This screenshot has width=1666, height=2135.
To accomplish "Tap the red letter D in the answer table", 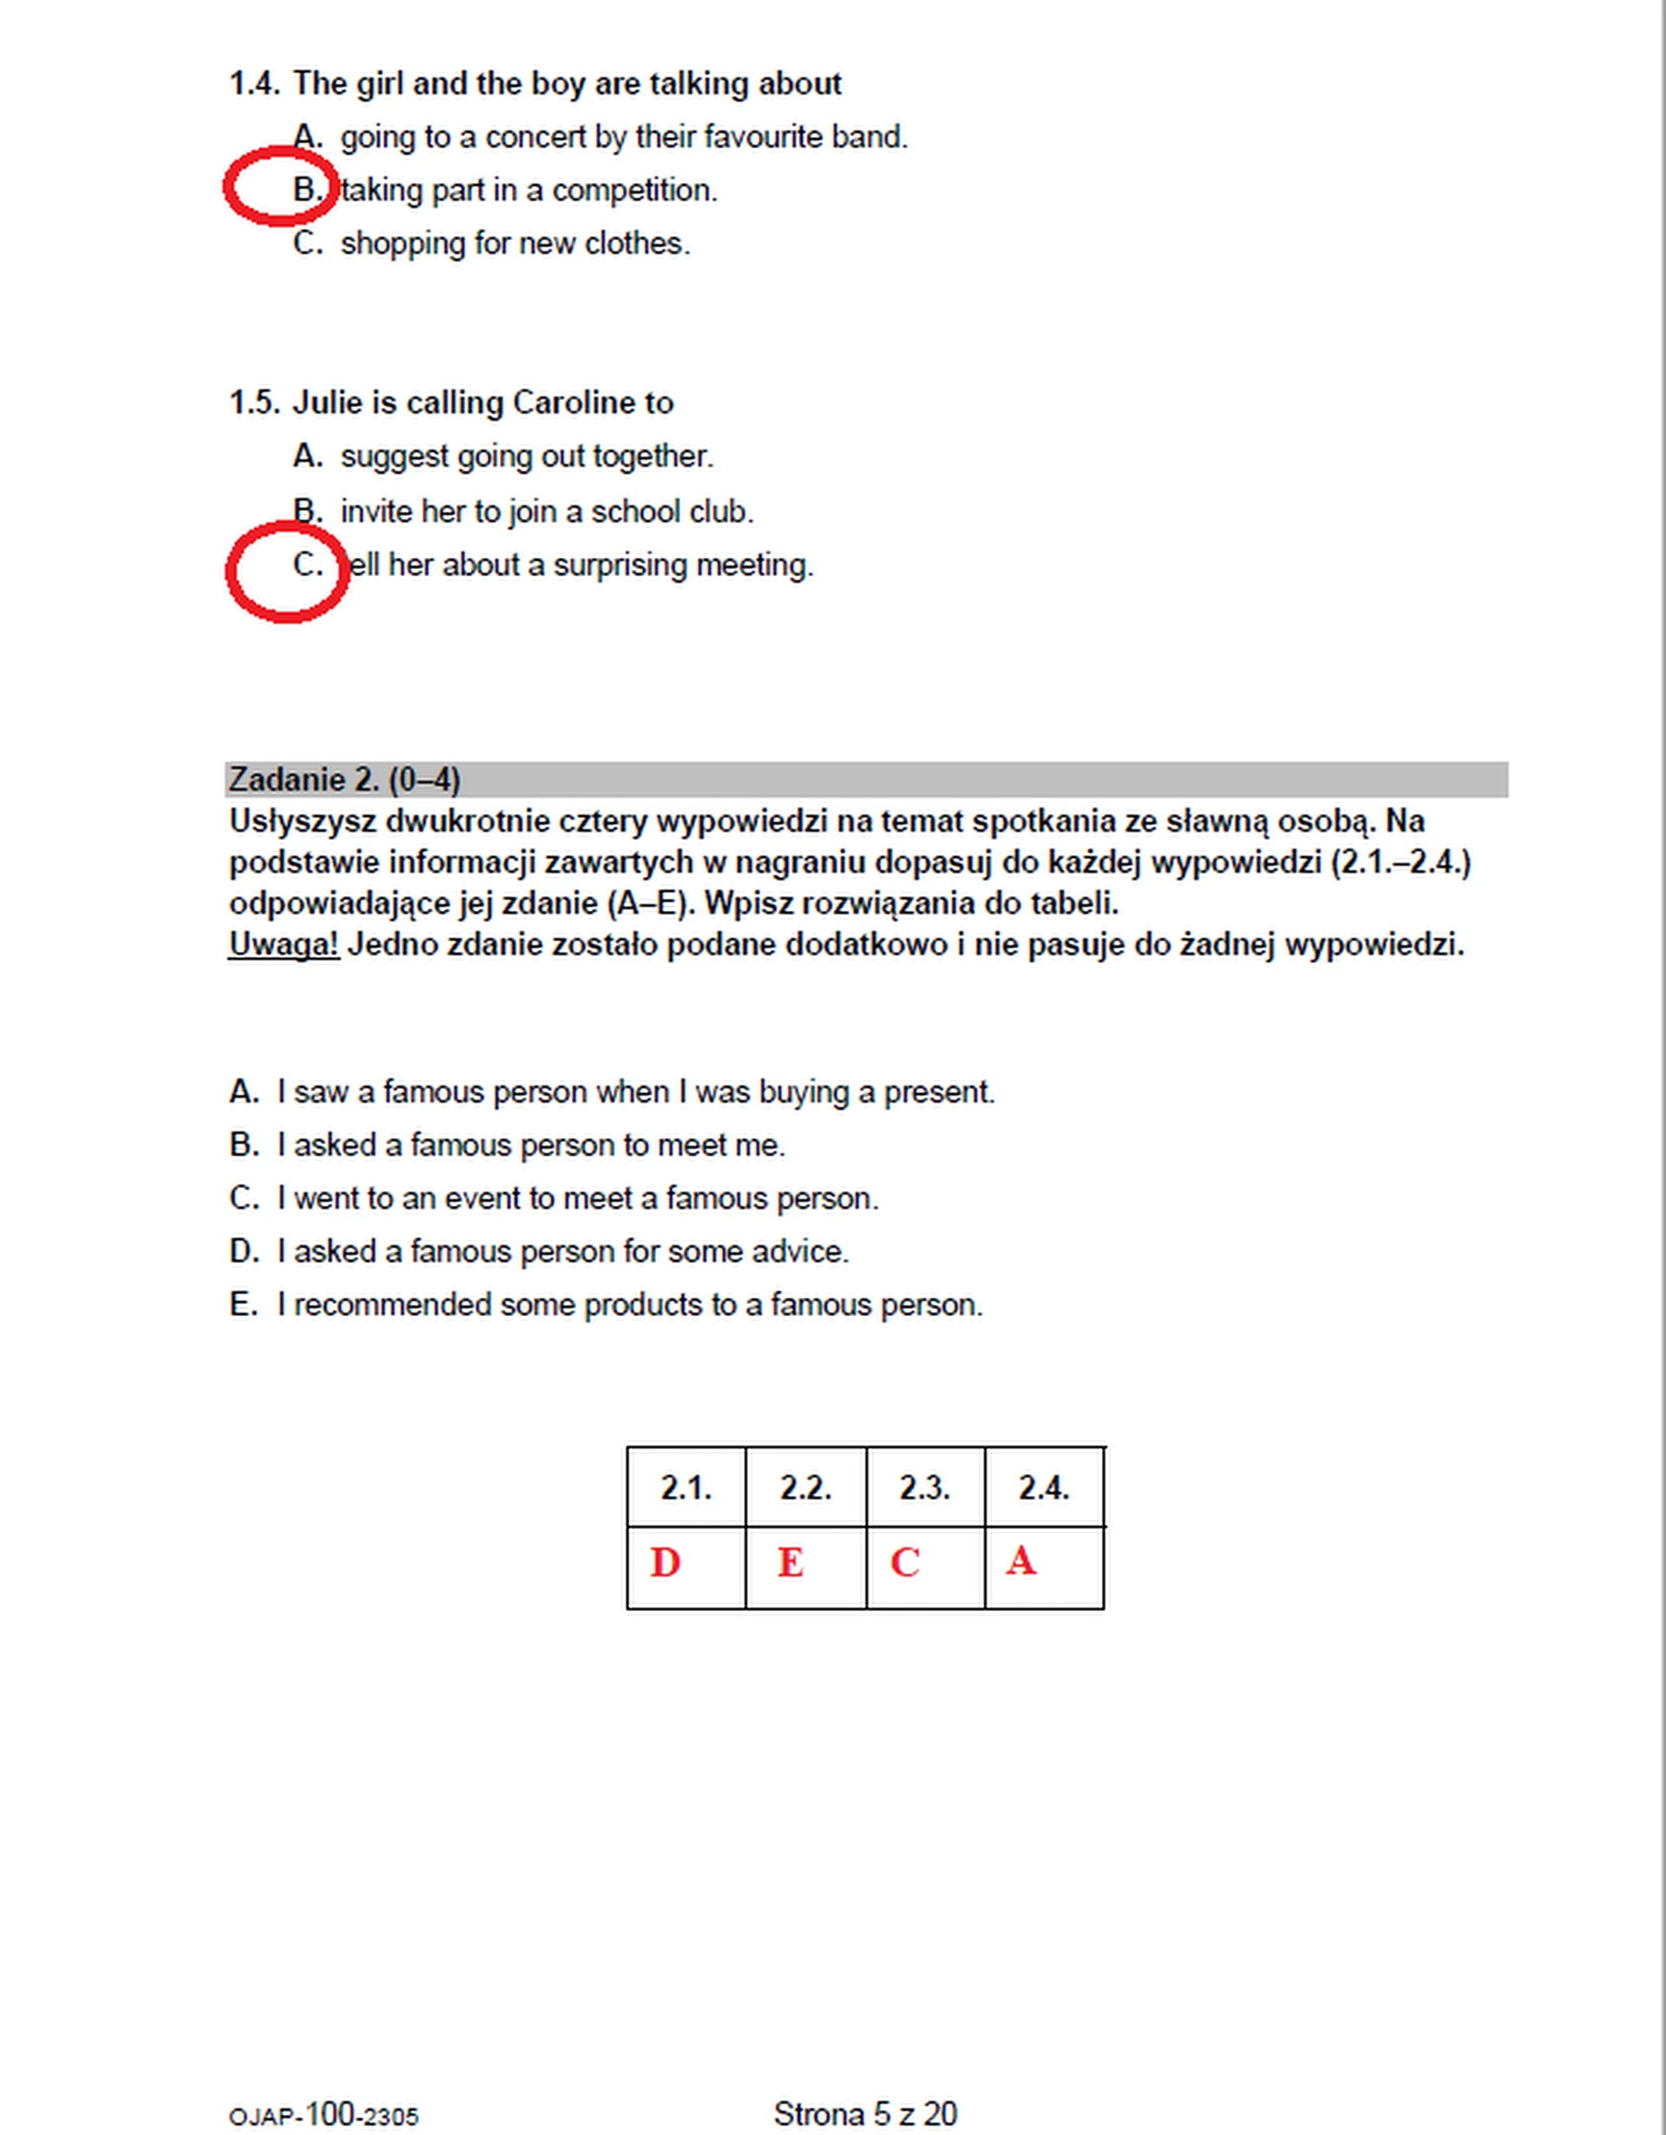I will pyautogui.click(x=665, y=1563).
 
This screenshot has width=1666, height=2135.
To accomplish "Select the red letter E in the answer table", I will pyautogui.click(x=790, y=1563).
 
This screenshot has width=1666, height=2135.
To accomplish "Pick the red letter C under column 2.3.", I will pyautogui.click(x=904, y=1563).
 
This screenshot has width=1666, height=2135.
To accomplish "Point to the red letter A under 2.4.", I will pyautogui.click(x=1020, y=1562).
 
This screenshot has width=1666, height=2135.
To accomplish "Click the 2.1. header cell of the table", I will pyautogui.click(x=685, y=1488).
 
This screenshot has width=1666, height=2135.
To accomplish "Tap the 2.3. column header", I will pyautogui.click(x=924, y=1488).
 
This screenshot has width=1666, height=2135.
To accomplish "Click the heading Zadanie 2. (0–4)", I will pyautogui.click(x=344, y=780).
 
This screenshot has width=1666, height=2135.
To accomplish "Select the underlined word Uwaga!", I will pyautogui.click(x=284, y=946).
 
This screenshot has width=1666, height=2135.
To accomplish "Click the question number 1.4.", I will pyautogui.click(x=254, y=84).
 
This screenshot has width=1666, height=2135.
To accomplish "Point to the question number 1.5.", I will pyautogui.click(x=254, y=403).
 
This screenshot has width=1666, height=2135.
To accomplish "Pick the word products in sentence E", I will pyautogui.click(x=642, y=1306).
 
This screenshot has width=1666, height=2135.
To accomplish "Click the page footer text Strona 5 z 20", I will pyautogui.click(x=864, y=2113).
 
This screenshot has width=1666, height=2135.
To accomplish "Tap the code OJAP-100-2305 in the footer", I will pyautogui.click(x=324, y=2115).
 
